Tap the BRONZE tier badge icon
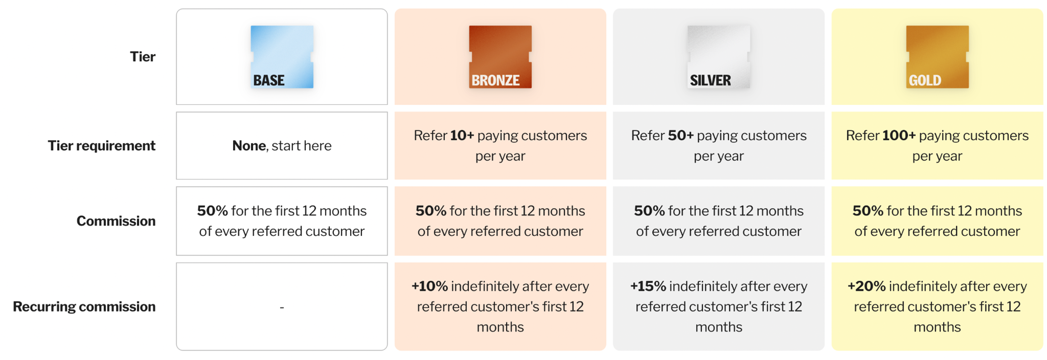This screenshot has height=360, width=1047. (x=500, y=57)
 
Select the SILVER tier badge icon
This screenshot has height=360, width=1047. (x=718, y=57)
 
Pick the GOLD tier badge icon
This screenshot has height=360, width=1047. (x=937, y=57)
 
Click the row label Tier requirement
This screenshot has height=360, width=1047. (x=102, y=146)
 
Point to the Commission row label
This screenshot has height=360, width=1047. (x=116, y=221)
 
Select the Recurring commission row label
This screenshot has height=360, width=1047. (x=84, y=306)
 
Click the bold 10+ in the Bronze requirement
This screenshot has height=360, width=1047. (x=462, y=135)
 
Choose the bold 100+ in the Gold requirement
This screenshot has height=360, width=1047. (x=899, y=135)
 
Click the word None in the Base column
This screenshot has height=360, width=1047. (x=249, y=146)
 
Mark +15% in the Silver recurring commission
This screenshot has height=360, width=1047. (x=648, y=286)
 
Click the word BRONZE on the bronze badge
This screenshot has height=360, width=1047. (x=496, y=80)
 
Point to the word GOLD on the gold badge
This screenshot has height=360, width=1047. (x=925, y=80)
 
